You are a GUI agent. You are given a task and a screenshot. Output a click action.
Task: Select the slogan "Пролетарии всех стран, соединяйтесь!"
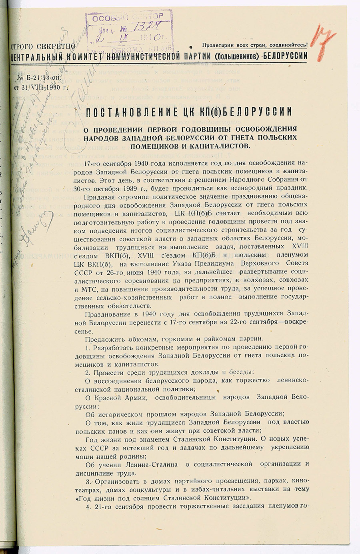(x=255, y=45)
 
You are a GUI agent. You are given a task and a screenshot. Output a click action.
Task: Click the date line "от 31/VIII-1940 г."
(x=43, y=85)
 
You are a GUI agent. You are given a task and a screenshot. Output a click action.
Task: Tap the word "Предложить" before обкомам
(x=104, y=339)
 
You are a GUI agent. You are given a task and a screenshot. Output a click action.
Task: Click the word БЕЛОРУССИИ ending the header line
(x=286, y=56)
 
